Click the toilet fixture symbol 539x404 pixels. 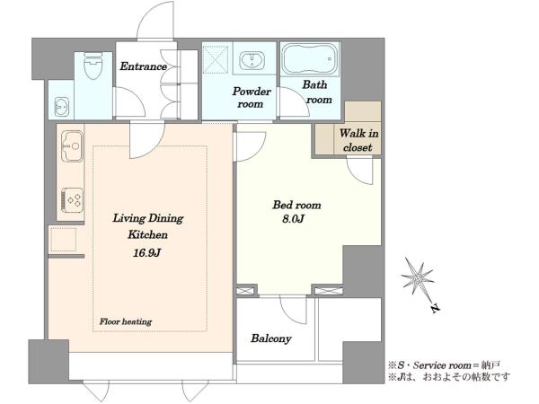pyautogui.click(x=93, y=65)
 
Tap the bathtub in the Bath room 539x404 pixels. pyautogui.click(x=309, y=58)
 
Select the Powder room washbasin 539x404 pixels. pyautogui.click(x=252, y=60)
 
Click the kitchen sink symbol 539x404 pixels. pyautogui.click(x=72, y=146)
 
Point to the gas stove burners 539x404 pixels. pyautogui.click(x=72, y=199)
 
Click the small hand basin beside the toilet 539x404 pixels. pyautogui.click(x=62, y=107)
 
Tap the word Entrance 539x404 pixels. pyautogui.click(x=143, y=66)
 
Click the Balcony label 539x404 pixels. pyautogui.click(x=271, y=338)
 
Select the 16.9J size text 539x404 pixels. pyautogui.click(x=146, y=253)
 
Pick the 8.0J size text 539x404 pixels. pyautogui.click(x=293, y=219)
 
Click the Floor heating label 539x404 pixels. pyautogui.click(x=126, y=322)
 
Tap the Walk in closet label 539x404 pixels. pyautogui.click(x=358, y=140)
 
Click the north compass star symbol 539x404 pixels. pyautogui.click(x=418, y=277)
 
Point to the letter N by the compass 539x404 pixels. pyautogui.click(x=436, y=309)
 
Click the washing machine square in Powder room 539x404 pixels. pyautogui.click(x=216, y=59)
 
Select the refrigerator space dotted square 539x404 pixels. pyautogui.click(x=64, y=240)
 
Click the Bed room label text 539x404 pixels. pyautogui.click(x=296, y=205)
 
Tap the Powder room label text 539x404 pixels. pyautogui.click(x=252, y=98)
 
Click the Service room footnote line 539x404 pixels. pyautogui.click(x=444, y=364)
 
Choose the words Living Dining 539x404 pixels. pyautogui.click(x=148, y=218)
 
